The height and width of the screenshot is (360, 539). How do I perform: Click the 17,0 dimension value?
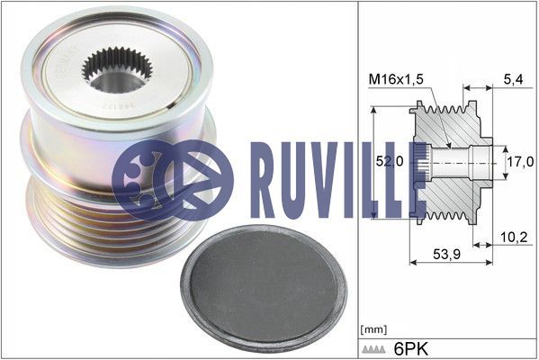517,163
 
